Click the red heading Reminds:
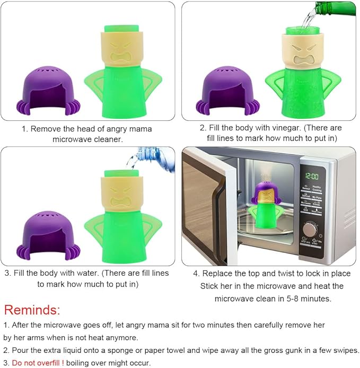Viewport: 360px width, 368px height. [32, 310]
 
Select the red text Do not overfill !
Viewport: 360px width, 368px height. [37, 362]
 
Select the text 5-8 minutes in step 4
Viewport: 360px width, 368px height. [309, 299]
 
